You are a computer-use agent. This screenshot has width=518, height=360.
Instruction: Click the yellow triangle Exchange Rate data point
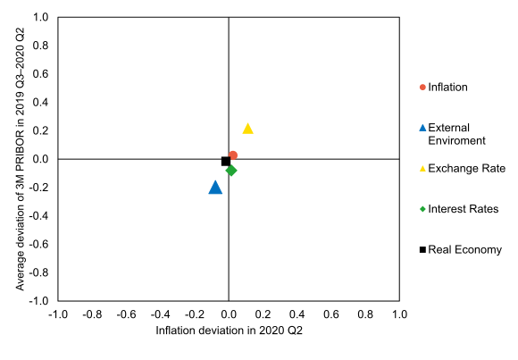click(248, 129)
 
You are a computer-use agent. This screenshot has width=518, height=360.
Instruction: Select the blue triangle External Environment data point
click(215, 188)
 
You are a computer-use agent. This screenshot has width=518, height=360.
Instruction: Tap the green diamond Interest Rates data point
click(231, 170)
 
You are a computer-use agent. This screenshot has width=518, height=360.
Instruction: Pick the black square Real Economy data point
click(226, 162)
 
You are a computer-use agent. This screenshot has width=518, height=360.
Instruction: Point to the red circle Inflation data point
click(233, 155)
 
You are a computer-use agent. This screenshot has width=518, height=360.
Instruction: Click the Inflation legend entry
click(447, 87)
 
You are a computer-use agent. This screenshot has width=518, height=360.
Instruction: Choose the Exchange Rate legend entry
click(466, 168)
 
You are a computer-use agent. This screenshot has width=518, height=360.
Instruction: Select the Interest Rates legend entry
click(463, 209)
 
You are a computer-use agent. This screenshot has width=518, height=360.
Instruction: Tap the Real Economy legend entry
click(464, 249)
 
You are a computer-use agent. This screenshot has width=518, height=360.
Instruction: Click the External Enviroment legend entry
click(455, 134)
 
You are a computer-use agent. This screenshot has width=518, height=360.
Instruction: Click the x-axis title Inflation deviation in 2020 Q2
click(230, 331)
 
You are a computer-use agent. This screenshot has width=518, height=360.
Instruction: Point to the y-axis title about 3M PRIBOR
click(21, 159)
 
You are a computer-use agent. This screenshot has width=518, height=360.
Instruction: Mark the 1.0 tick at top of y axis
click(40, 17)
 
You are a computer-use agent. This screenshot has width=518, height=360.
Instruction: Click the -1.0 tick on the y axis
click(38, 301)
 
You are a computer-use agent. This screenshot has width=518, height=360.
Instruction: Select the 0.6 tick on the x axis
click(331, 314)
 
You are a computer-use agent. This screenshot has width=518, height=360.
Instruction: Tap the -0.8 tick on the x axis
click(91, 314)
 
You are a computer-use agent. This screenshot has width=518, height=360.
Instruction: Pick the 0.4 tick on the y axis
click(40, 103)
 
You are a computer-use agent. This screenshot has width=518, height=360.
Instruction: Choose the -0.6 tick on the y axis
click(38, 245)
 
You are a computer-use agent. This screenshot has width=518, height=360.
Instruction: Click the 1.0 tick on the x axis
click(399, 314)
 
